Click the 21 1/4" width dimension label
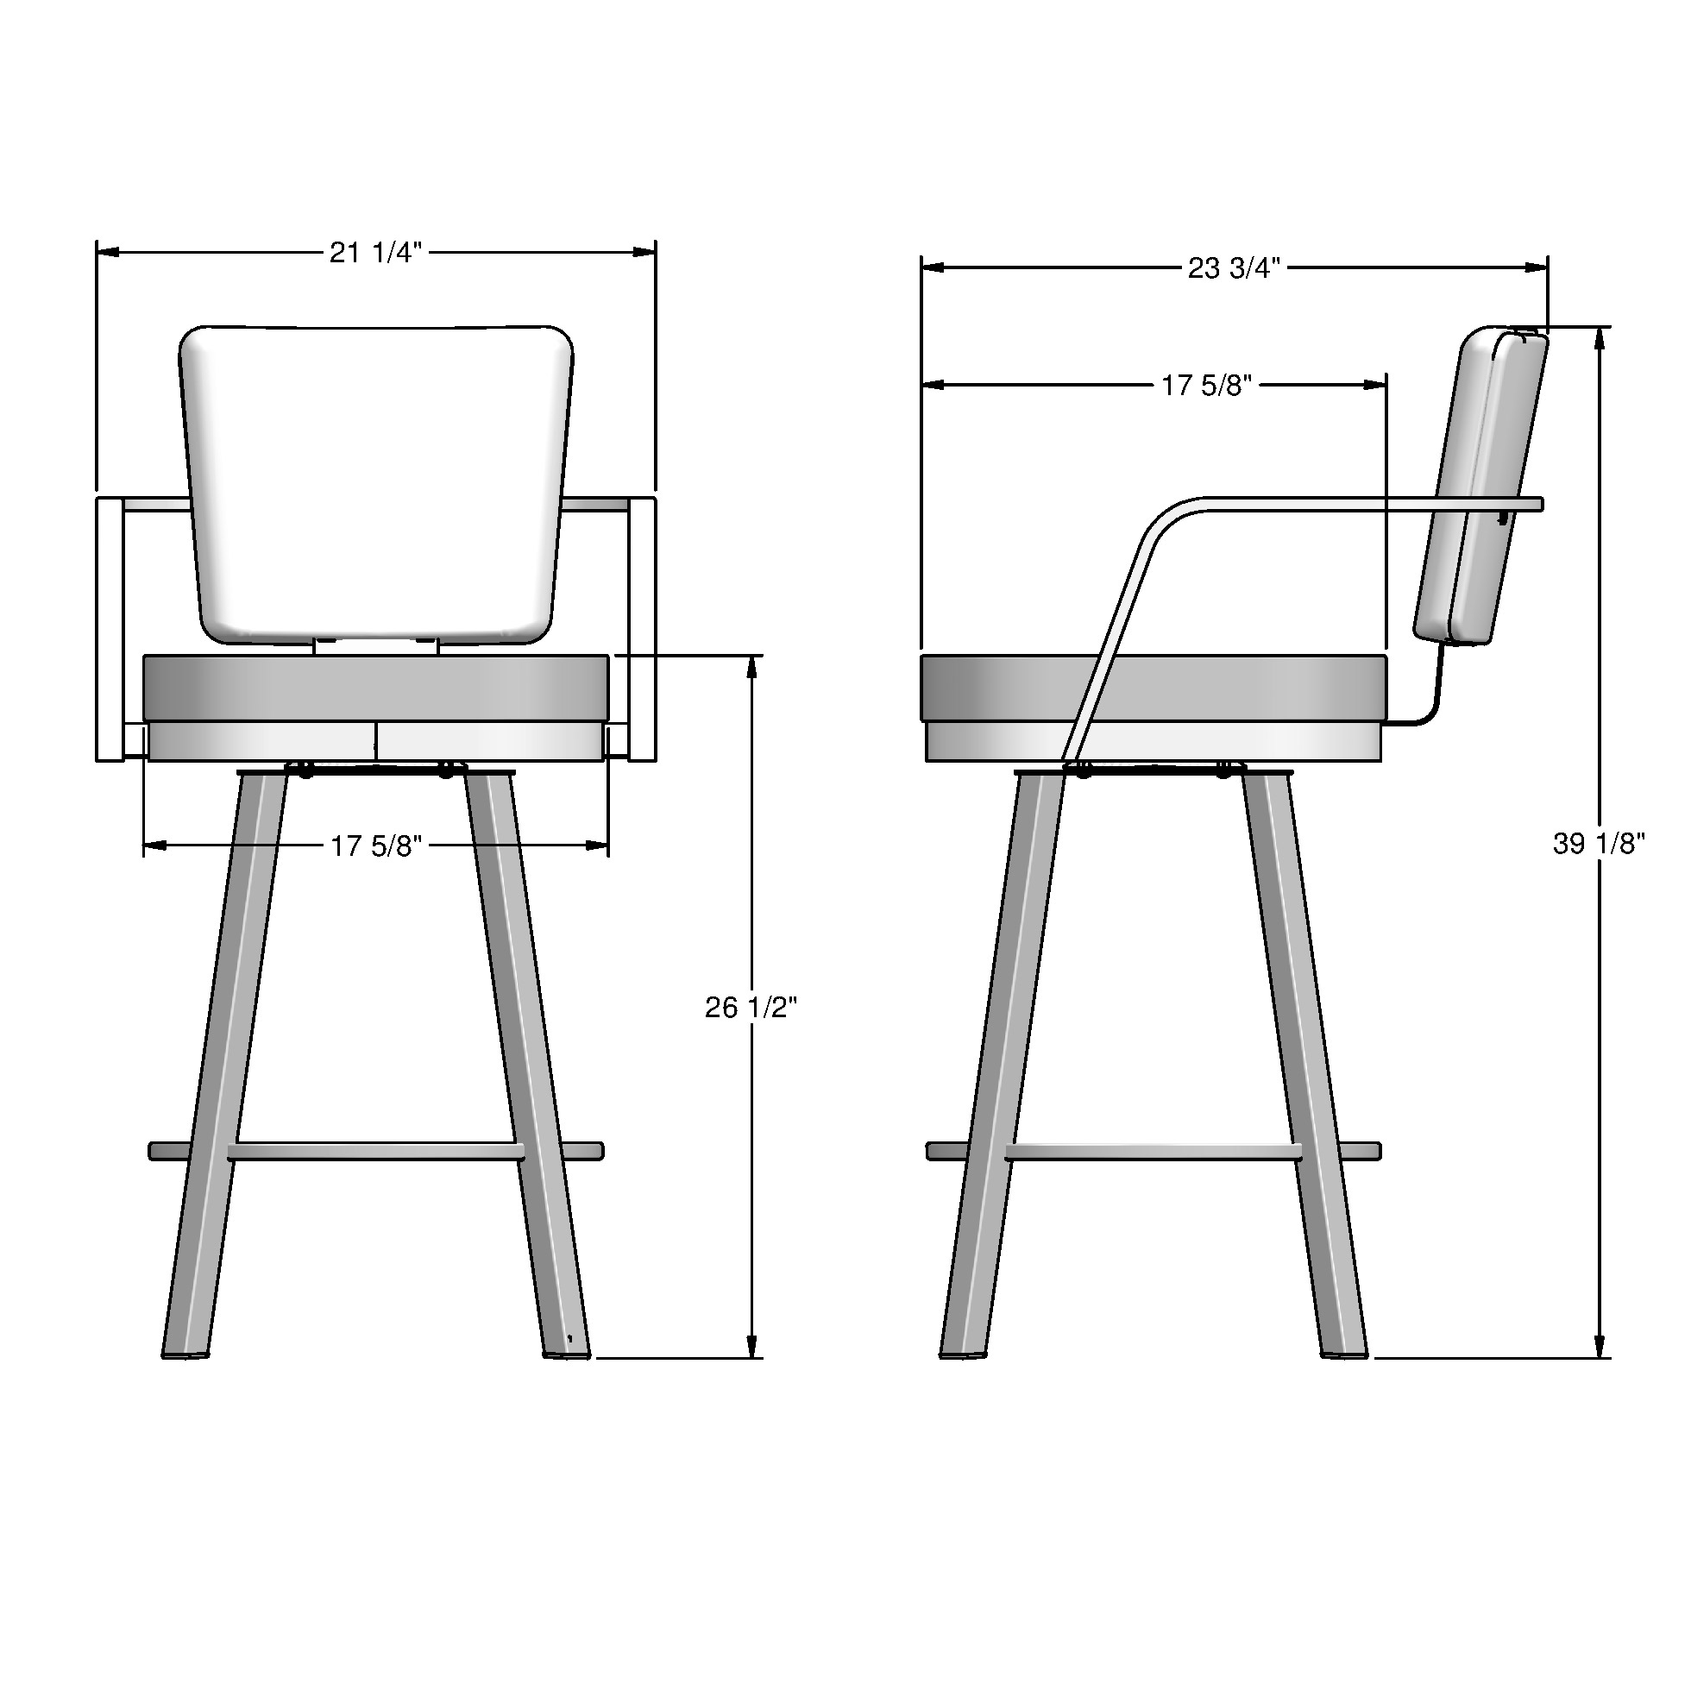[375, 253]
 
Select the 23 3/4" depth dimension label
[1233, 267]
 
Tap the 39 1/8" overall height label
[1598, 844]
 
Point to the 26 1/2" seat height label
[751, 1008]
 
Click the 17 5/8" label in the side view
[1206, 385]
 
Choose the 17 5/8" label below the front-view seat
[375, 845]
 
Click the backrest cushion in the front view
[376, 481]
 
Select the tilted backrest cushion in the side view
[1481, 486]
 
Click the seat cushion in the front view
[375, 687]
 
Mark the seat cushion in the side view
[1154, 687]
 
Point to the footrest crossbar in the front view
[375, 1152]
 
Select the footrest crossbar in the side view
[1153, 1152]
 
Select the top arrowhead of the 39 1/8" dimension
[1600, 338]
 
